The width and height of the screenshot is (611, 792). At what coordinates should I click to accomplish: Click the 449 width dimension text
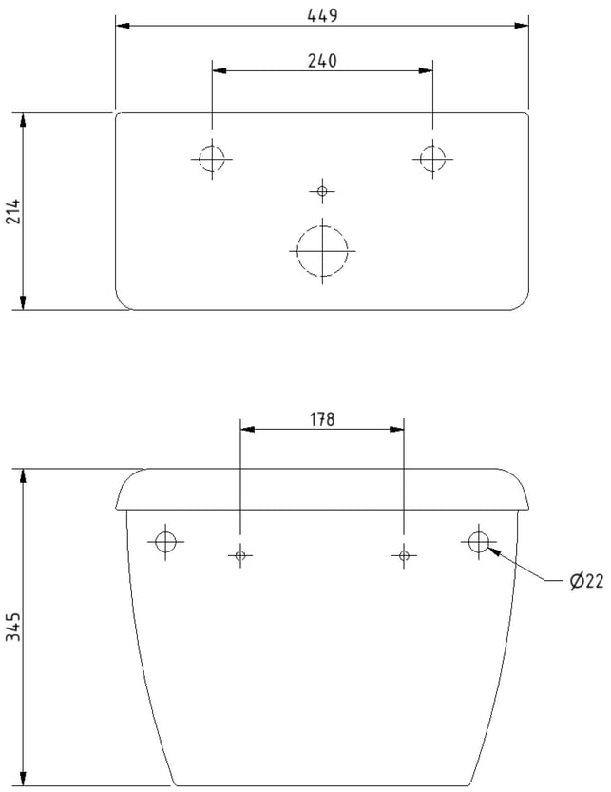pos(322,15)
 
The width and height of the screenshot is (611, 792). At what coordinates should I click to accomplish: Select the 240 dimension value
pos(322,61)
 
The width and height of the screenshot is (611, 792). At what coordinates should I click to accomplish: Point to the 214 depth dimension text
pos(13,211)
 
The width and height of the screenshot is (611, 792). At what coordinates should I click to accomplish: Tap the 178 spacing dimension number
pos(322,419)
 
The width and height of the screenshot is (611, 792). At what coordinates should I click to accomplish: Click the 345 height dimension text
pos(13,627)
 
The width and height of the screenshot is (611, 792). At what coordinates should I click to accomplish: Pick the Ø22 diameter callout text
pos(586,581)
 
